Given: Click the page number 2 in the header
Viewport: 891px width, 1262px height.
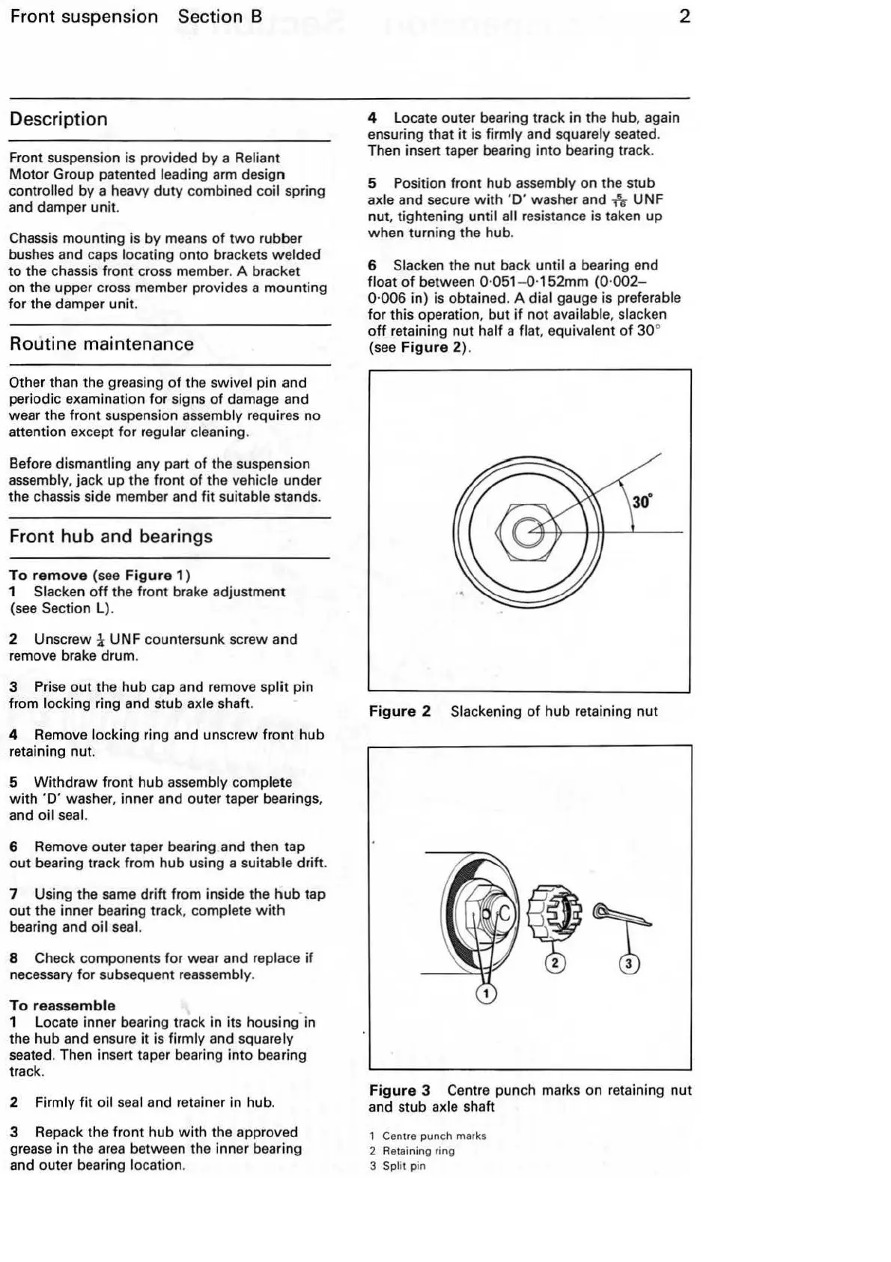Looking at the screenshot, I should (684, 16).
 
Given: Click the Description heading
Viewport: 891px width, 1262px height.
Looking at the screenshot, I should (58, 119).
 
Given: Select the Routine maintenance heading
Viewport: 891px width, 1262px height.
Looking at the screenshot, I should (101, 345).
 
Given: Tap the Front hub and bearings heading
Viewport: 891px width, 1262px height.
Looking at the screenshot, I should (111, 536).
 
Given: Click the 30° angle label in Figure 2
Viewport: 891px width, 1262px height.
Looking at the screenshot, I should (642, 501).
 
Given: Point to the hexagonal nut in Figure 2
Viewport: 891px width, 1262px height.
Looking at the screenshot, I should (528, 533).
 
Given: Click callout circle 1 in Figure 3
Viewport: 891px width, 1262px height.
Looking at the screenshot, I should (486, 994).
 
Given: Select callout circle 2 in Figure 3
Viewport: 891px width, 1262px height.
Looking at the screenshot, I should (554, 962).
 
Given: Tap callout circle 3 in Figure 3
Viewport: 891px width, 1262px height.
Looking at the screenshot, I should (629, 964).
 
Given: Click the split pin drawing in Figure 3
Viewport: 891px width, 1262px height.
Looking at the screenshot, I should (621, 915).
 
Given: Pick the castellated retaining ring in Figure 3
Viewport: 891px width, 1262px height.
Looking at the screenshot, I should (553, 912).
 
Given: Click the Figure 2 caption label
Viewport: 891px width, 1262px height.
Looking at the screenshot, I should (399, 712).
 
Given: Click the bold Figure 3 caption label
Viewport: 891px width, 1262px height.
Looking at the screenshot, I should (399, 1090).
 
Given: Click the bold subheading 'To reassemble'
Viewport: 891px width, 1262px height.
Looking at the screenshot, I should (62, 1005).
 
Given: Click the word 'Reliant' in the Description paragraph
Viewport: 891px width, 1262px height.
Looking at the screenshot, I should (257, 158).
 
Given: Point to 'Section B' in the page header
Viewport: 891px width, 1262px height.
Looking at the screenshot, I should (220, 16).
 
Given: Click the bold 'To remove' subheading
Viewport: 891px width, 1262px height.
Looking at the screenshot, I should (48, 575).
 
